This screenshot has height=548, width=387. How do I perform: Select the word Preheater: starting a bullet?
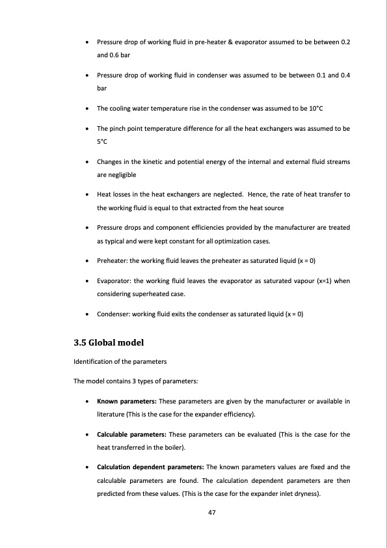[x=113, y=261]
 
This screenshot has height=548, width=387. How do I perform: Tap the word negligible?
[x=111, y=175]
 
